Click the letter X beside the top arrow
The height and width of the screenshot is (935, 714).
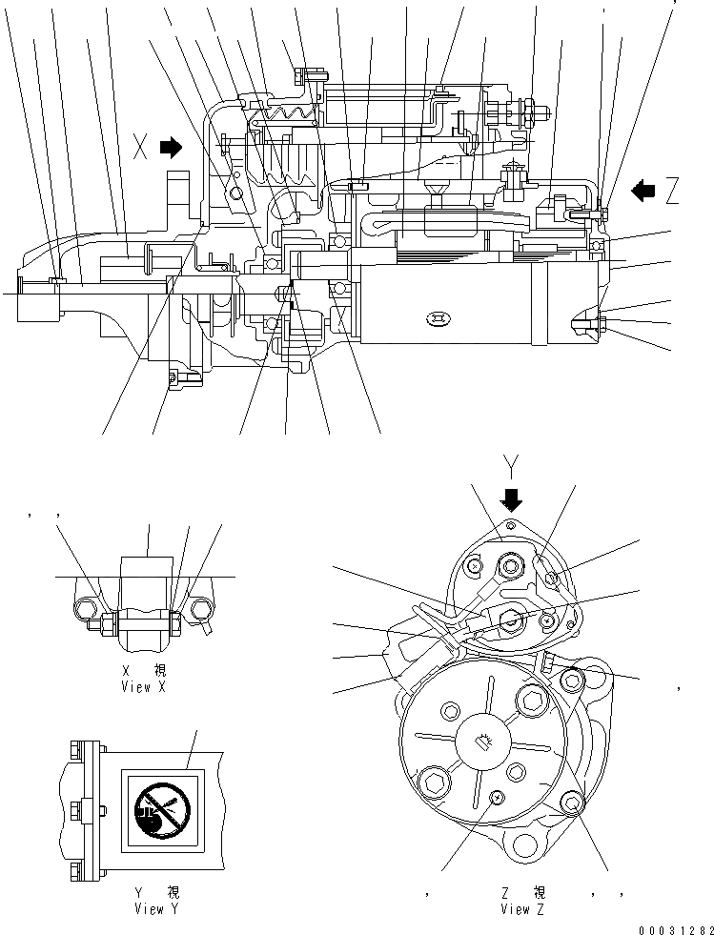point(141,148)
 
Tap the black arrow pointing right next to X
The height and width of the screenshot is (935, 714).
point(172,147)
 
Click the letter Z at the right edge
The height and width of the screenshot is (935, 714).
point(672,192)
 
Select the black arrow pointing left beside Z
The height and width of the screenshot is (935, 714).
point(644,191)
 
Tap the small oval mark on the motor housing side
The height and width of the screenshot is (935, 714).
point(439,317)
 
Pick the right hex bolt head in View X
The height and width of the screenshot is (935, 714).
point(202,608)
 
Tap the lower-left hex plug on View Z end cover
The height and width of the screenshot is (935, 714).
point(435,784)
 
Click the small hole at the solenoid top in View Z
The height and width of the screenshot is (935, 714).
point(511,525)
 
